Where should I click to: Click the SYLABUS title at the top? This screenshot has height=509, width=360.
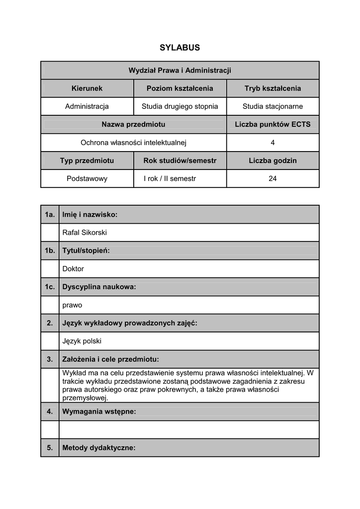(x=180, y=48)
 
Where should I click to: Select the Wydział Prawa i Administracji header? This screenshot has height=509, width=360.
(x=180, y=71)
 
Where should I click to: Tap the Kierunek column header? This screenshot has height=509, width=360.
(x=87, y=88)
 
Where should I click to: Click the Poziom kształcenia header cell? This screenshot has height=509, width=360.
(x=180, y=88)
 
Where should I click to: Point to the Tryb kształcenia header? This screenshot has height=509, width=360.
(x=272, y=88)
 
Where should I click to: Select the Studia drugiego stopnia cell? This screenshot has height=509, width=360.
(x=180, y=106)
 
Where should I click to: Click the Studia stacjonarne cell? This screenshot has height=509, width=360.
(x=272, y=106)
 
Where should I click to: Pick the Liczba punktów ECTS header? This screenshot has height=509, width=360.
(x=272, y=124)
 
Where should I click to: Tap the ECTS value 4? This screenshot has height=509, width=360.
(x=272, y=143)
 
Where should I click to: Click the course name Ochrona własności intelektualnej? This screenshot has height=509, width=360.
(x=133, y=143)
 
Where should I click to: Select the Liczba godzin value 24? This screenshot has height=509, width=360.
(x=272, y=178)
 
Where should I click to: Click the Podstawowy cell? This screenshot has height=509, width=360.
(x=87, y=178)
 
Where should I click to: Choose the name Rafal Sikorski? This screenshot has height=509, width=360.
(x=85, y=233)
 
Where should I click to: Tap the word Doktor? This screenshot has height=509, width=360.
(x=73, y=269)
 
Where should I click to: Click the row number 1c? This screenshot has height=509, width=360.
(x=50, y=287)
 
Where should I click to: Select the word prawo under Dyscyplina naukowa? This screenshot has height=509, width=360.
(x=72, y=305)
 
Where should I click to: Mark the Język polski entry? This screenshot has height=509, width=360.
(x=82, y=341)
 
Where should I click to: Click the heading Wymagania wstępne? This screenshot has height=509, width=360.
(x=99, y=412)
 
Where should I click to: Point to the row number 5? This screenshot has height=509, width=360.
(x=50, y=448)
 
